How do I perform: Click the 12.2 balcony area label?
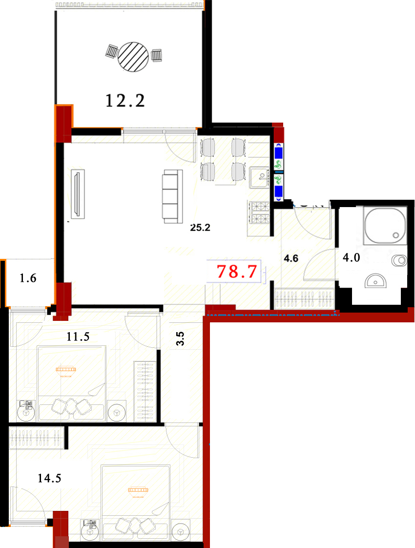pyautogui.click(x=125, y=101)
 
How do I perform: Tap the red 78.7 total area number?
pyautogui.click(x=237, y=272)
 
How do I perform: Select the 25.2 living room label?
pyautogui.click(x=200, y=228)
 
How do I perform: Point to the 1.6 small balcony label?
pyautogui.click(x=28, y=278)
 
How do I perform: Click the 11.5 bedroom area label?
pyautogui.click(x=78, y=337)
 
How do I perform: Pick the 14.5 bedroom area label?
pyautogui.click(x=49, y=478)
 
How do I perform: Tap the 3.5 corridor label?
pyautogui.click(x=180, y=338)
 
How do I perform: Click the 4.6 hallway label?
pyautogui.click(x=291, y=258)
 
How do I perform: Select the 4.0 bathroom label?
pyautogui.click(x=351, y=257)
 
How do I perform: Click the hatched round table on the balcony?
pyautogui.click(x=133, y=57)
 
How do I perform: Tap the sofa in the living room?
pyautogui.click(x=172, y=196)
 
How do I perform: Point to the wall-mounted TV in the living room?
pyautogui.click(x=78, y=193)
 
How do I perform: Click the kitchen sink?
pyautogui.click(x=259, y=178)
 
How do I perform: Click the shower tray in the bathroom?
pyautogui.click(x=385, y=225)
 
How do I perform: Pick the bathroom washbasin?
pyautogui.click(x=375, y=281)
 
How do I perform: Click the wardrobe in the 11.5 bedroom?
pyautogui.click(x=145, y=391)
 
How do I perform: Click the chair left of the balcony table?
pyautogui.click(x=112, y=52)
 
